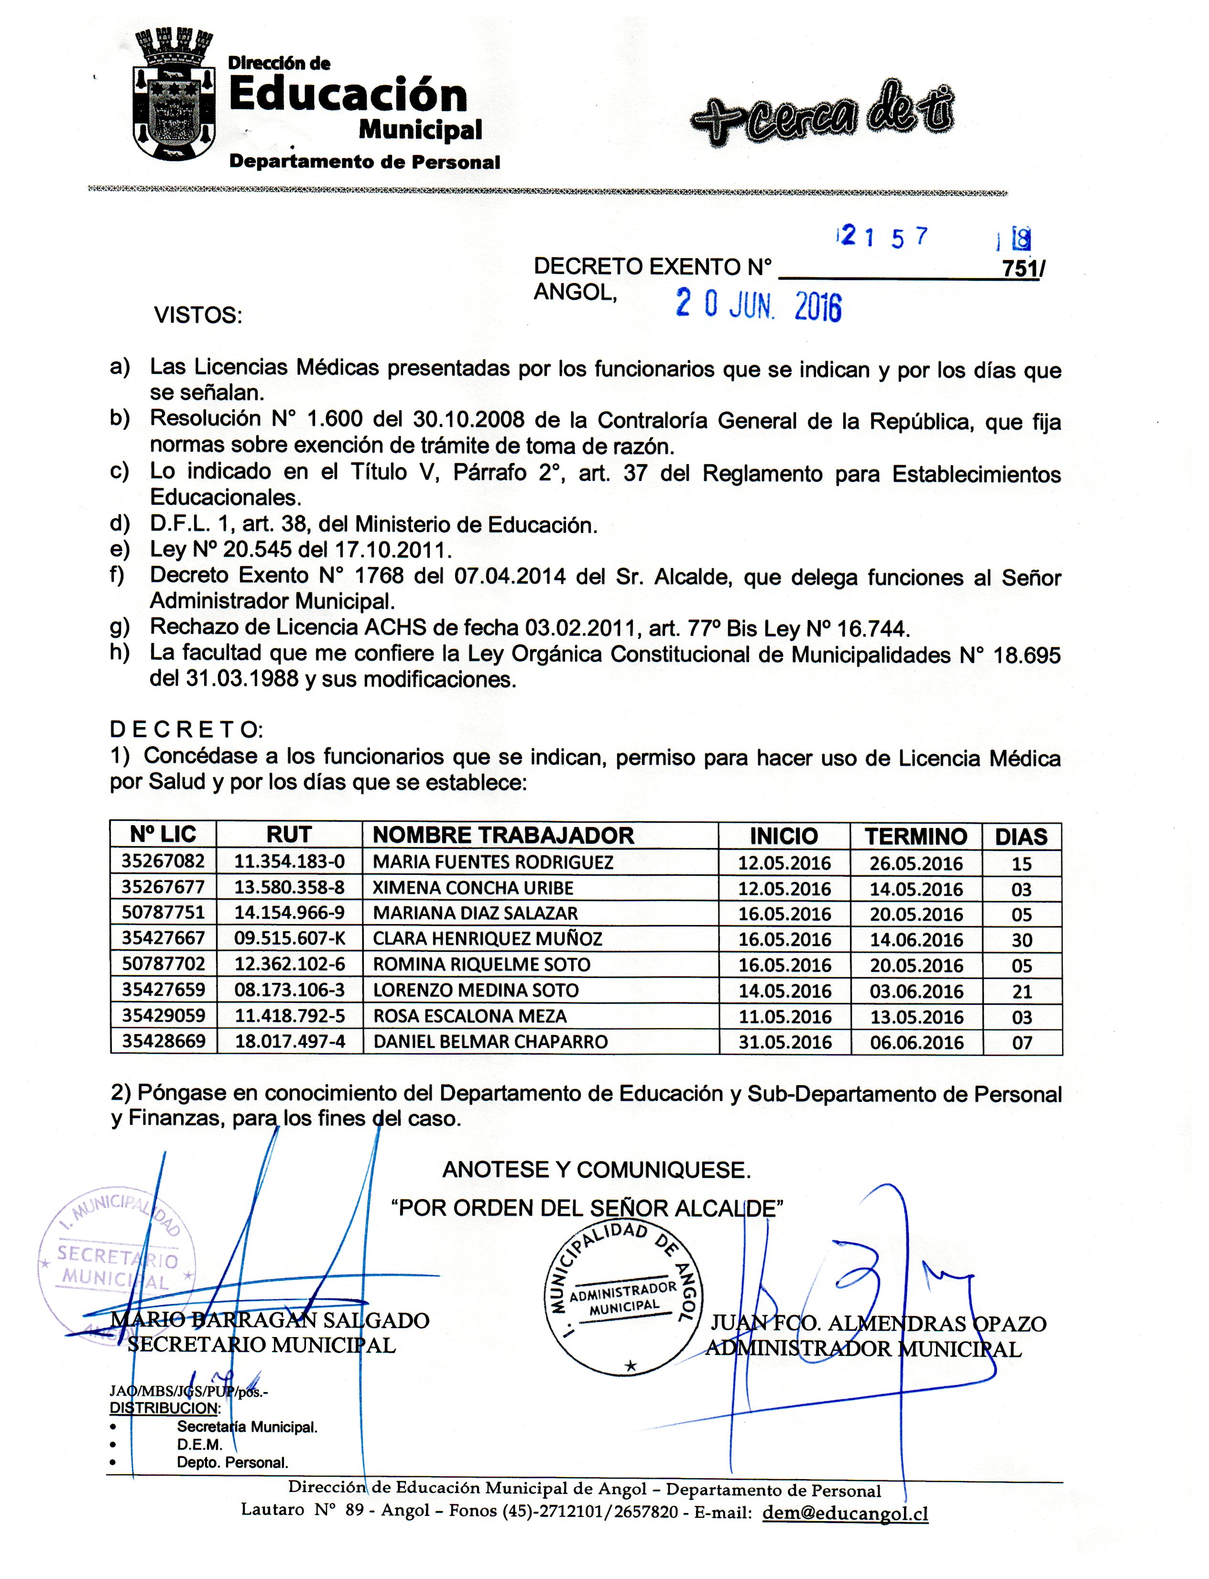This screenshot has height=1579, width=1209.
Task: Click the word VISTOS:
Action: pos(198,315)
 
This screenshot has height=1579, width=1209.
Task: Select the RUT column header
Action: pos(289,835)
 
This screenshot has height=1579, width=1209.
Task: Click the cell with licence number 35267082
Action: pos(163,861)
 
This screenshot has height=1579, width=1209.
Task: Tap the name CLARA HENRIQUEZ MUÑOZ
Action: pos(487,938)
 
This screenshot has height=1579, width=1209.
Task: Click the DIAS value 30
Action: pos(1022,940)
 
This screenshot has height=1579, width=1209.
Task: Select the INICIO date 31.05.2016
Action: pos(784,1042)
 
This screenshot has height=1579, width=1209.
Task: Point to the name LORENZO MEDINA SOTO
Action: pos(476,991)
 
